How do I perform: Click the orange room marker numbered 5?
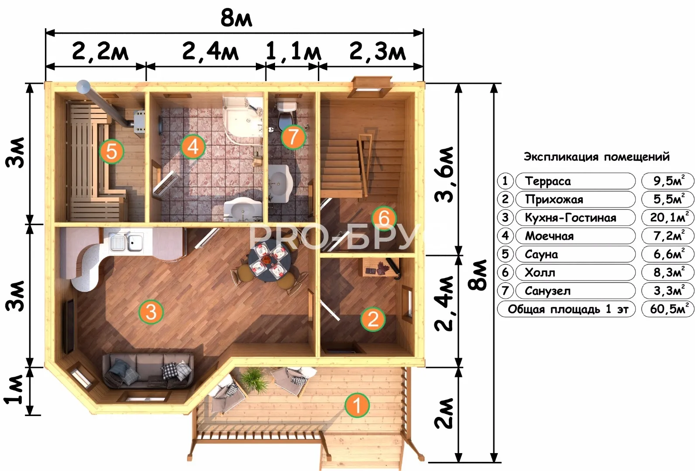(111, 151)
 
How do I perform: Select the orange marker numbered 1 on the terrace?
(357, 405)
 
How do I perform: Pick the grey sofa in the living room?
(148, 371)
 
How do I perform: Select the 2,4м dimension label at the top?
(210, 51)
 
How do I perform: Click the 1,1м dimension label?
(293, 51)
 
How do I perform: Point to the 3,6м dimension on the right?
(444, 175)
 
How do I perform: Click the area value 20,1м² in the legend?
(670, 217)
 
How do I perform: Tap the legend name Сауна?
(541, 254)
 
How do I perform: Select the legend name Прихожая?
(554, 199)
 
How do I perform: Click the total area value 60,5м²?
(670, 309)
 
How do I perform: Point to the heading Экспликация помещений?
(596, 157)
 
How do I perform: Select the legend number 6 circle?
(505, 273)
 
